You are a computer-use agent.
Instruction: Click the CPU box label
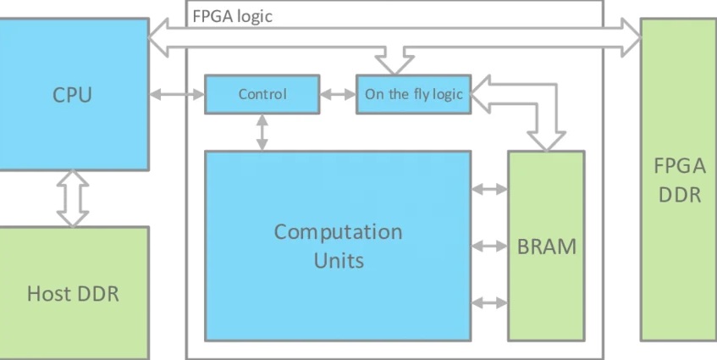(x=72, y=94)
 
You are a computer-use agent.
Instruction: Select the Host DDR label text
(x=73, y=294)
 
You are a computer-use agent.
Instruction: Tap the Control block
(x=262, y=94)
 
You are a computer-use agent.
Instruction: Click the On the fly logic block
(x=413, y=94)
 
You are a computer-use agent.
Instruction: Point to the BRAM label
(x=546, y=247)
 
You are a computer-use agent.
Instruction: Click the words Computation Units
(x=338, y=245)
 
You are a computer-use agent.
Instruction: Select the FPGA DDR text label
(x=677, y=180)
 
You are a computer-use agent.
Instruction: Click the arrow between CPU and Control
(x=177, y=94)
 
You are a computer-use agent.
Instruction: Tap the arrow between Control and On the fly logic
(x=338, y=94)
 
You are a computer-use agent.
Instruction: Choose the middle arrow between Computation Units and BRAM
(x=489, y=246)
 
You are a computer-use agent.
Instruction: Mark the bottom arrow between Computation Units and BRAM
(x=489, y=302)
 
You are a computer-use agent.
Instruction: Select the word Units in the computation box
(x=339, y=259)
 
